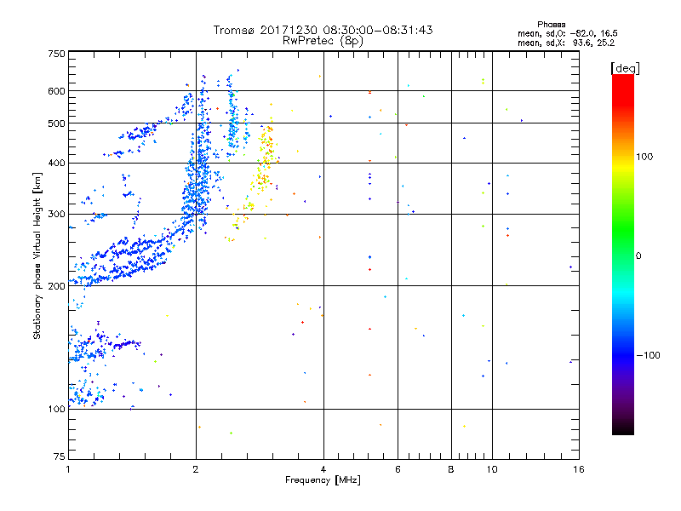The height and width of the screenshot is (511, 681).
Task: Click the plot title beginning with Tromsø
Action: coord(323,30)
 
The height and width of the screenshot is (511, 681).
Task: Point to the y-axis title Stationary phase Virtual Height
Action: coord(37,256)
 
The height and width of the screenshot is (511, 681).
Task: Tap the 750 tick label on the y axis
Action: coord(55,54)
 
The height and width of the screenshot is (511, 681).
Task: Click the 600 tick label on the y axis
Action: coord(55,91)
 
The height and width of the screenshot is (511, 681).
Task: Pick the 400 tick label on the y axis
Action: coord(55,164)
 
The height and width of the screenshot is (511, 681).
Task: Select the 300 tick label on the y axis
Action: coord(55,215)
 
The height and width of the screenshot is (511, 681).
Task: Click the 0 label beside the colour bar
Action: coord(639,255)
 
